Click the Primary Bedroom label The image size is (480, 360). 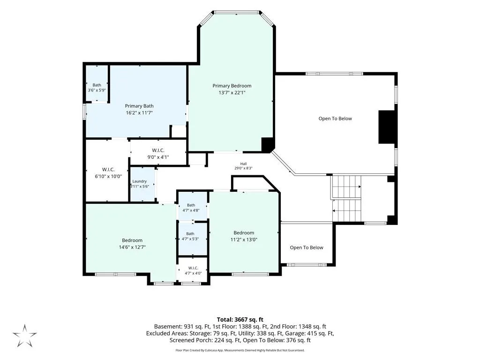(x=232, y=86)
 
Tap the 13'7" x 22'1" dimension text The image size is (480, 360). (x=232, y=92)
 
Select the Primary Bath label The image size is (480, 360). (x=139, y=106)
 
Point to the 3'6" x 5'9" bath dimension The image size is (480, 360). (x=97, y=90)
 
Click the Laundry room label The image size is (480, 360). (x=140, y=181)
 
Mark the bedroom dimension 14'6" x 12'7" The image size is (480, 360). (x=132, y=247)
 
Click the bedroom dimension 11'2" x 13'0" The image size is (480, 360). (x=244, y=240)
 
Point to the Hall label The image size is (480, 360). (x=243, y=164)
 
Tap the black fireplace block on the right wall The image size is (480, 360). (x=386, y=127)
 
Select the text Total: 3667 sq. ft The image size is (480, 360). (x=240, y=320)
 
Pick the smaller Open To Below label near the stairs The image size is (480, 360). (x=307, y=247)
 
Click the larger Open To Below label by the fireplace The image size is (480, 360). (x=335, y=119)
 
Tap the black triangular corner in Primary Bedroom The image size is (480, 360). (x=267, y=144)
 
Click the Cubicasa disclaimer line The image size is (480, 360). (x=240, y=350)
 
